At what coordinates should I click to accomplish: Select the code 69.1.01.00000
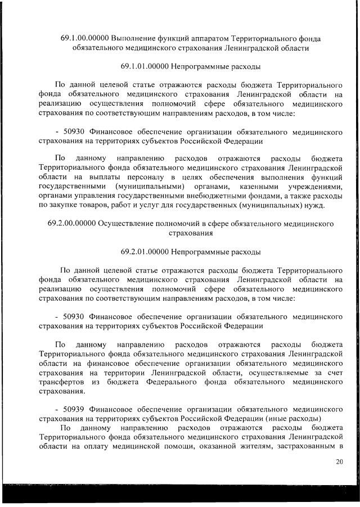pos(145,67)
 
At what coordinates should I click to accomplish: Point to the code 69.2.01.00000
pos(145,252)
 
